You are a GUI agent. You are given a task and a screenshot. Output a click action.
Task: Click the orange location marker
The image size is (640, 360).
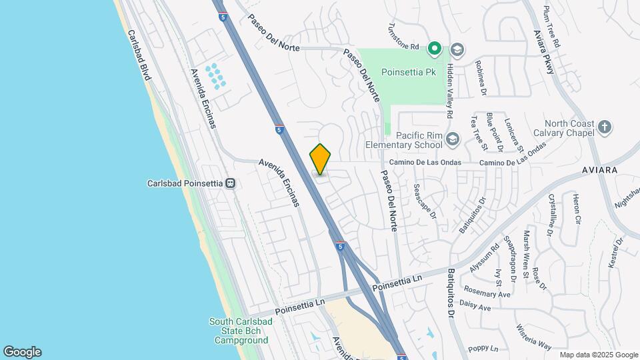(321, 159)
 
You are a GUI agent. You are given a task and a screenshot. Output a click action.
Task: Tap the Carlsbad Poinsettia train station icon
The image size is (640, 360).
(231, 183)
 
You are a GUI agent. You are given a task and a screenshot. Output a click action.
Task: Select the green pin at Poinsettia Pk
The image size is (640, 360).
(435, 48)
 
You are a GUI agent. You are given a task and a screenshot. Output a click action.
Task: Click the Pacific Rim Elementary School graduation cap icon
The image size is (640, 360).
(453, 139)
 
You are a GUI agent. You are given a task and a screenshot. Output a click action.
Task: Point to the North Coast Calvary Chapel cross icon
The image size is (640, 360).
(605, 127)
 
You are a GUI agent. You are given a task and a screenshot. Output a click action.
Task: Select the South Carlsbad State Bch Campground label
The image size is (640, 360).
(241, 331)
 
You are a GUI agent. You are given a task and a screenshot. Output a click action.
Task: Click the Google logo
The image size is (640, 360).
(22, 352)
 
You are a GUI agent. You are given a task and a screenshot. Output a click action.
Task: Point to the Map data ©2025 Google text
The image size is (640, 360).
(598, 355)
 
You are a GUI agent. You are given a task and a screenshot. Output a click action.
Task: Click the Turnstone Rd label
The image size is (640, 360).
(404, 37)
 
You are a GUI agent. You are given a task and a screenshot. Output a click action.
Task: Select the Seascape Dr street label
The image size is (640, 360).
(424, 201)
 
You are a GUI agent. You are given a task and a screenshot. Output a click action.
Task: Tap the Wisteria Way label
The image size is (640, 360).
(533, 336)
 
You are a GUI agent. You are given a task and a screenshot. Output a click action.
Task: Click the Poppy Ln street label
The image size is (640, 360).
(483, 349)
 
